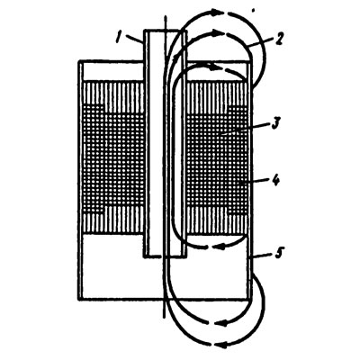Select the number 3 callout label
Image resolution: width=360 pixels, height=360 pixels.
pos(275,123)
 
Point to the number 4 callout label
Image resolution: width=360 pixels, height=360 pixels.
pos(275,181)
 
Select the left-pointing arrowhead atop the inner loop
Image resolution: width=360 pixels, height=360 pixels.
pos(213,67)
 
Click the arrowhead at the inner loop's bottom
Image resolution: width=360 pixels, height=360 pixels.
pos(220,247)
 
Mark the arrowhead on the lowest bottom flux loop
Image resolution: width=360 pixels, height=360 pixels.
pos(221,345)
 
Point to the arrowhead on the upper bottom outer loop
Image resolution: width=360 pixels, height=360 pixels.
pos(221,323)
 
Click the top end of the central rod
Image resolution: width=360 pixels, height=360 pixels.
pos(165,14)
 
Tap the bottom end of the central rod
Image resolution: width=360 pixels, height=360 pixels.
pos(164,317)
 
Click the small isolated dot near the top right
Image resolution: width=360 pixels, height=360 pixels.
pos(254,11)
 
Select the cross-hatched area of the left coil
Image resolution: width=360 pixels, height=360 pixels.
pos(114,159)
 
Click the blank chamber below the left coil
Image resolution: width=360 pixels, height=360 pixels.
pos(111,267)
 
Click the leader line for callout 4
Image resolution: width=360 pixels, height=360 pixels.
pos(254,181)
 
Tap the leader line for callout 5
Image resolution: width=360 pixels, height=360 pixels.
pos(260,256)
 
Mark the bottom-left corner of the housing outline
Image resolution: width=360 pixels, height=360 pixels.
pos(79,299)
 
